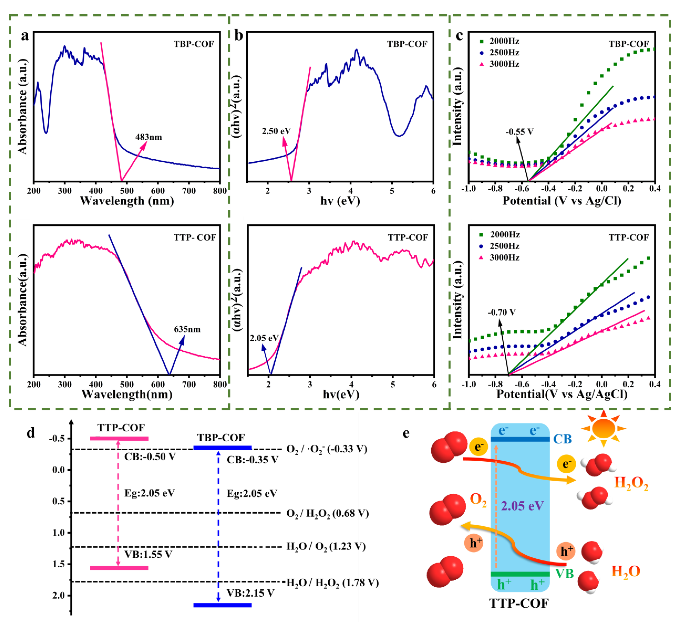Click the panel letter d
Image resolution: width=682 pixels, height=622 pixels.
(31, 433)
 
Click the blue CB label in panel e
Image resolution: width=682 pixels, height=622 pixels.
(562, 439)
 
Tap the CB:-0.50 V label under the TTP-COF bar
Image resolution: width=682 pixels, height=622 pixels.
(150, 457)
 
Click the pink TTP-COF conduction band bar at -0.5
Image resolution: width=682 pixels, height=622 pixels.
(119, 439)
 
